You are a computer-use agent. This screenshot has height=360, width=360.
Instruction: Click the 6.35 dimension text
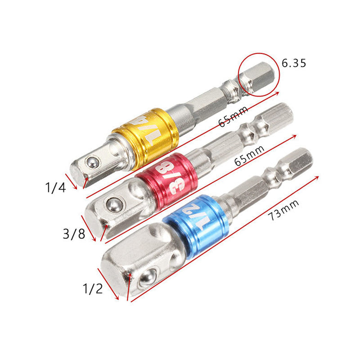[x=294, y=63]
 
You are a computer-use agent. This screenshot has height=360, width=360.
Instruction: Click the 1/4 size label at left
[x=56, y=187]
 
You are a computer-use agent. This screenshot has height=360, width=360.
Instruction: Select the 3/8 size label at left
[x=74, y=234]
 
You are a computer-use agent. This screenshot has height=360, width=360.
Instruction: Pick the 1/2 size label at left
[x=93, y=288]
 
